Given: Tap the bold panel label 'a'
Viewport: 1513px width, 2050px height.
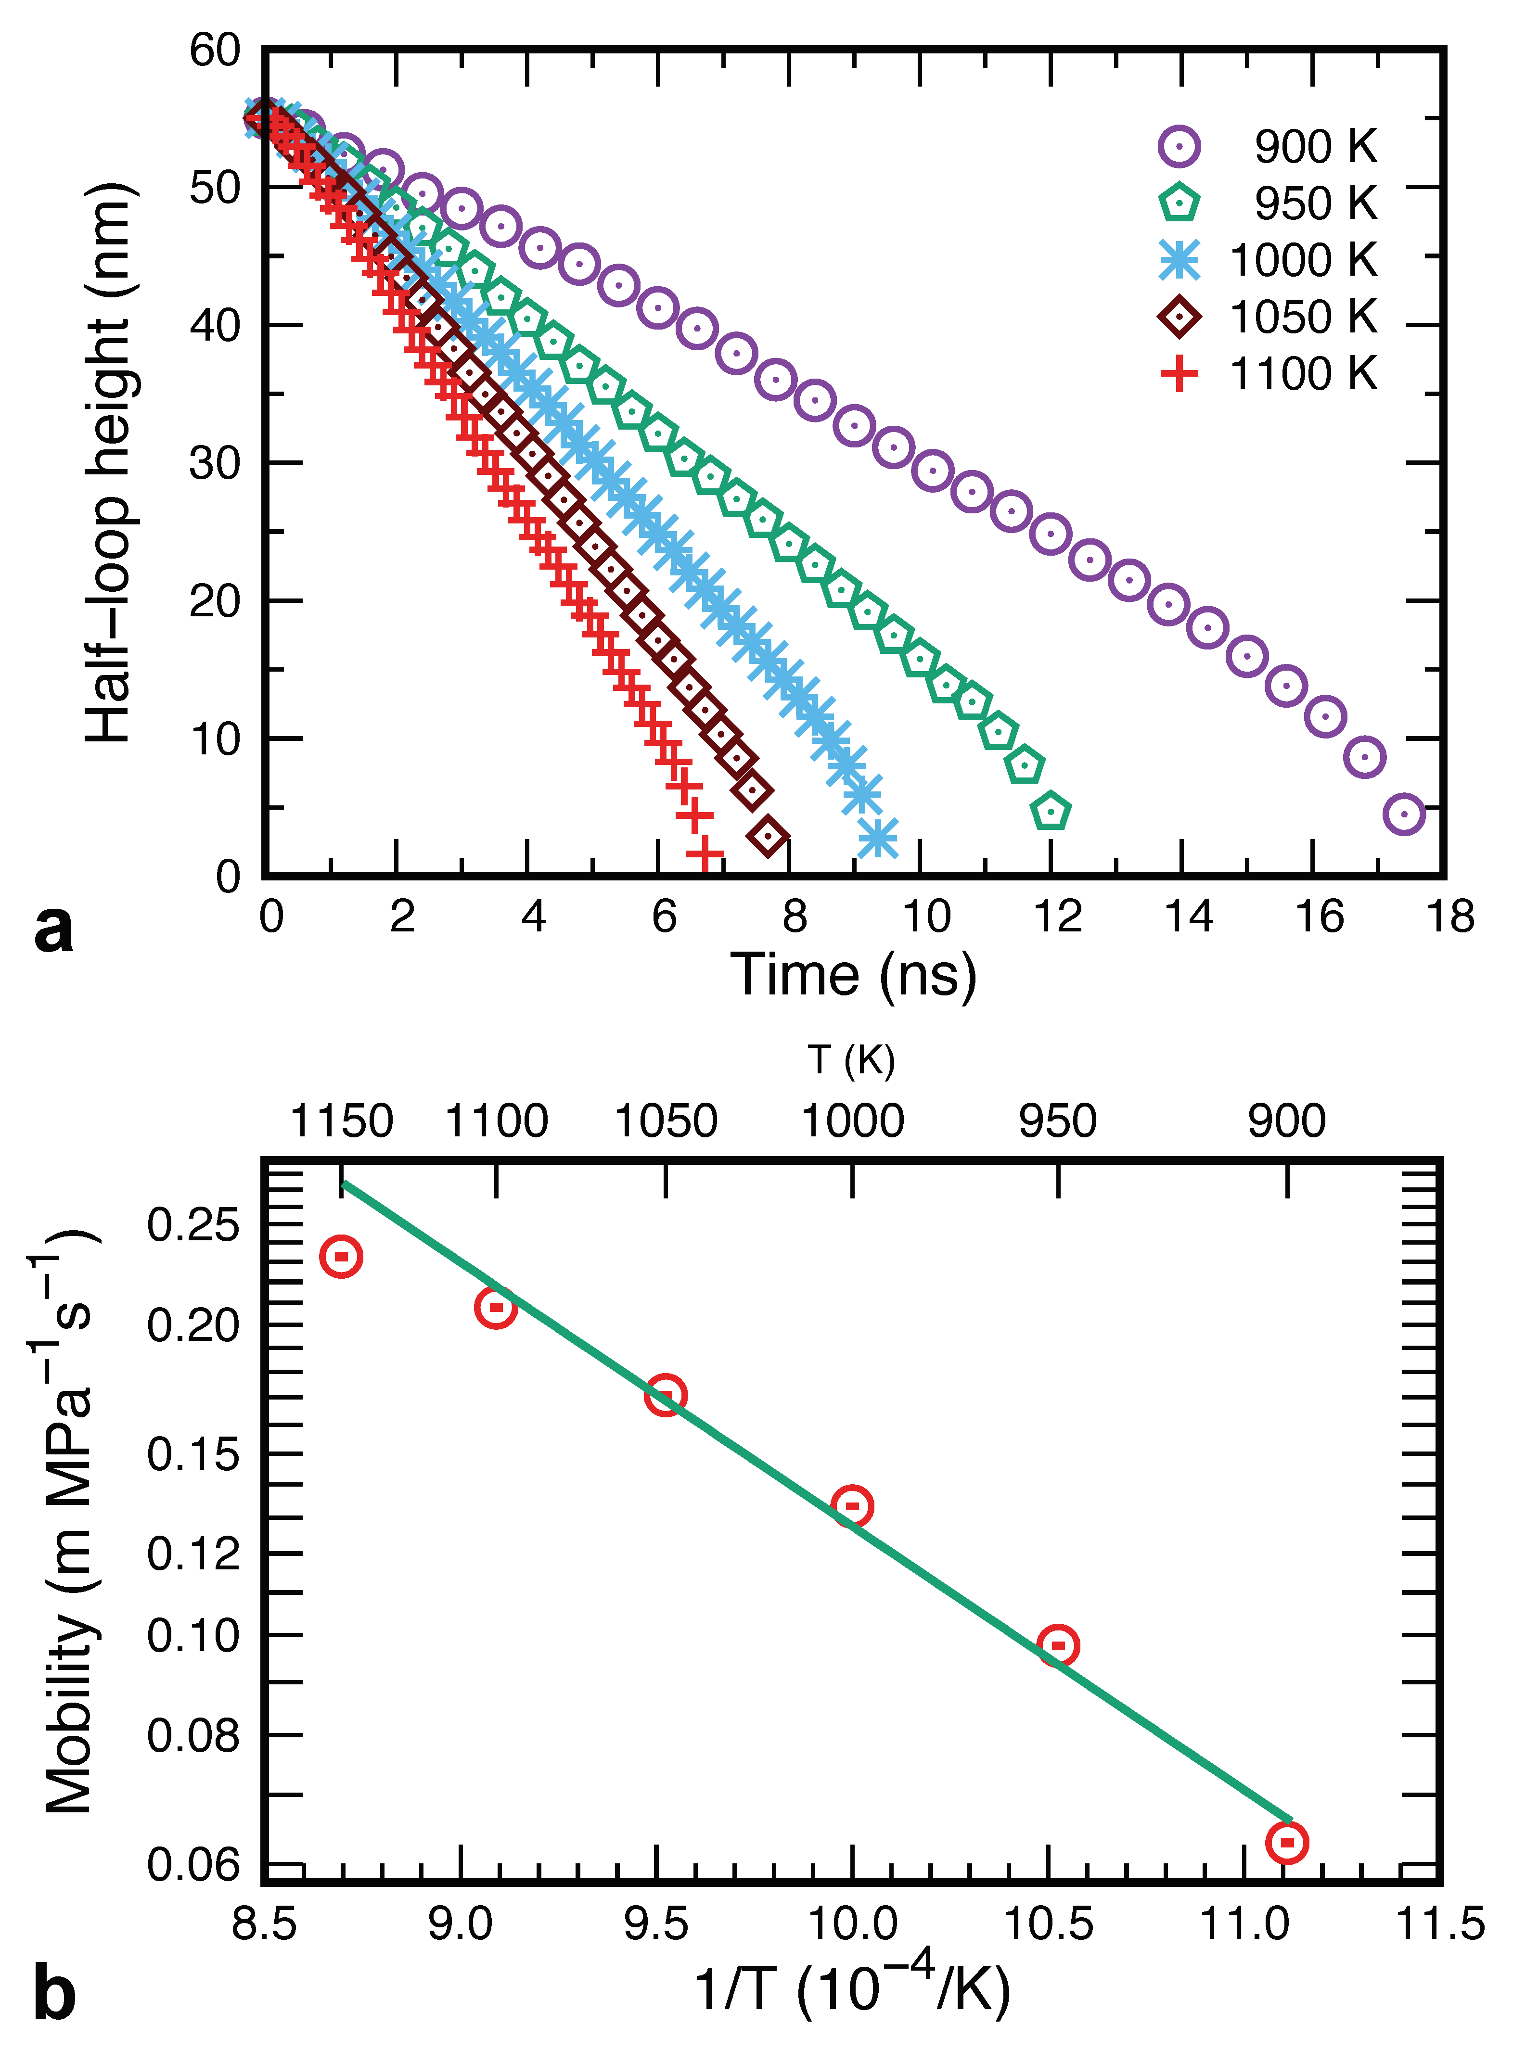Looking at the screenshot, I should (x=53, y=930).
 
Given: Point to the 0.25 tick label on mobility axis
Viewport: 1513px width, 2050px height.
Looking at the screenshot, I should (x=192, y=1225).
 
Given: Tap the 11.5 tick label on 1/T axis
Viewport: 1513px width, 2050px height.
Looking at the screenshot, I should (x=1440, y=1923).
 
